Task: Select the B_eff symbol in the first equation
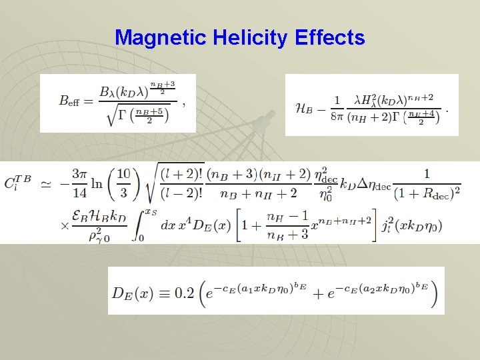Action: click(70, 101)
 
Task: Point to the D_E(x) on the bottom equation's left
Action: click(138, 293)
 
